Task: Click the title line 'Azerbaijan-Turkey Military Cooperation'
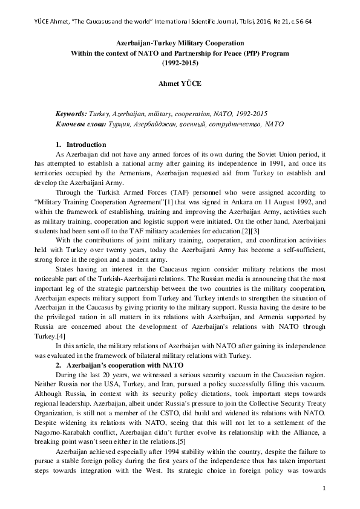coord(180,44)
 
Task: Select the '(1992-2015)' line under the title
coord(180,62)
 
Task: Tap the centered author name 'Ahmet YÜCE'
coord(180,83)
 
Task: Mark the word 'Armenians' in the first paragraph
coord(131,172)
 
